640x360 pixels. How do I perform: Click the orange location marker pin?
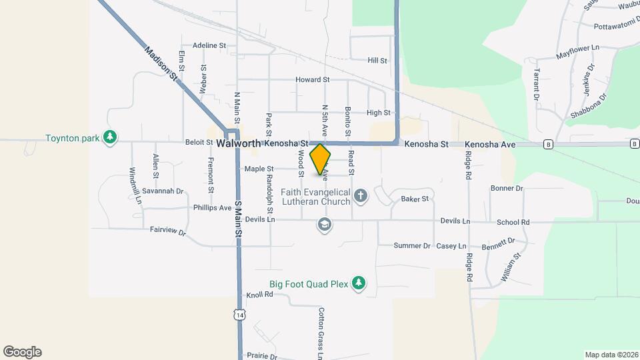point(320,159)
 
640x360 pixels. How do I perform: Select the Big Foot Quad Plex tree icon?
point(359,283)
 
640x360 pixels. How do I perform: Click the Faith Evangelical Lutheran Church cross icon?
point(361,195)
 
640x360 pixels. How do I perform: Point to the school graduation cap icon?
point(325,226)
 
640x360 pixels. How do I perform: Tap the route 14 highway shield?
point(239,313)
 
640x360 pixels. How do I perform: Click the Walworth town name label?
point(238,143)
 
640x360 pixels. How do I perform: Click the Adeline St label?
point(209,45)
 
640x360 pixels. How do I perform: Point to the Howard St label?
point(313,79)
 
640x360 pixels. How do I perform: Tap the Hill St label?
point(377,60)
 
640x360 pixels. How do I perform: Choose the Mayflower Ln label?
point(577,50)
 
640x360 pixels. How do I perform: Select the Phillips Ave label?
point(212,207)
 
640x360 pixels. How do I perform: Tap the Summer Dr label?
point(412,245)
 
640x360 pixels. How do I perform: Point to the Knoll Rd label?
point(260,294)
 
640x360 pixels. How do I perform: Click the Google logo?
point(22,352)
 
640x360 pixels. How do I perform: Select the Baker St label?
point(414,199)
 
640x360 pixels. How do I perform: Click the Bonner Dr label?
point(507,189)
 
